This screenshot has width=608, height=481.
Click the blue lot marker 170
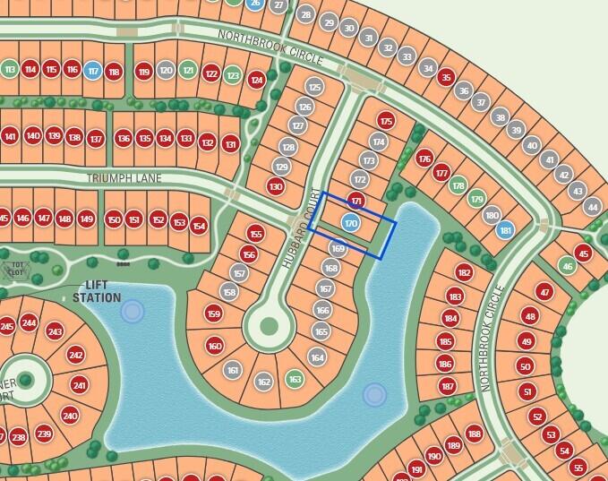click(351, 223)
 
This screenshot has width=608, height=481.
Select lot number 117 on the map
click(92, 71)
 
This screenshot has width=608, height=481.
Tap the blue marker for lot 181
click(506, 230)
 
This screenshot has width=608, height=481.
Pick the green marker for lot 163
click(295, 379)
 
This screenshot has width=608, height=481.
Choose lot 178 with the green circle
click(458, 185)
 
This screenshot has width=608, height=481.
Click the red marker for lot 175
click(386, 120)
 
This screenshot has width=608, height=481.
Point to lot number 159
click(213, 314)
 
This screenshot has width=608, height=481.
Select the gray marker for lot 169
click(338, 249)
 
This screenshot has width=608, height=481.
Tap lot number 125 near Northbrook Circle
click(313, 87)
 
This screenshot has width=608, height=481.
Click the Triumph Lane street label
click(124, 178)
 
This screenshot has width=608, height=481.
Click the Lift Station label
click(97, 292)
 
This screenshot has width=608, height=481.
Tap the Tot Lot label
click(16, 269)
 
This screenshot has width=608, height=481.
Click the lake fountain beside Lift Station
click(133, 311)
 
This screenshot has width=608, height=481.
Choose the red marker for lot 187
click(448, 386)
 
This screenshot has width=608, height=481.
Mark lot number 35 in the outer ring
click(446, 78)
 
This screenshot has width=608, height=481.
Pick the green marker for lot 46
click(567, 265)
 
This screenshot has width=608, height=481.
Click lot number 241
click(80, 385)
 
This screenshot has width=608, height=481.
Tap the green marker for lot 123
click(233, 75)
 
